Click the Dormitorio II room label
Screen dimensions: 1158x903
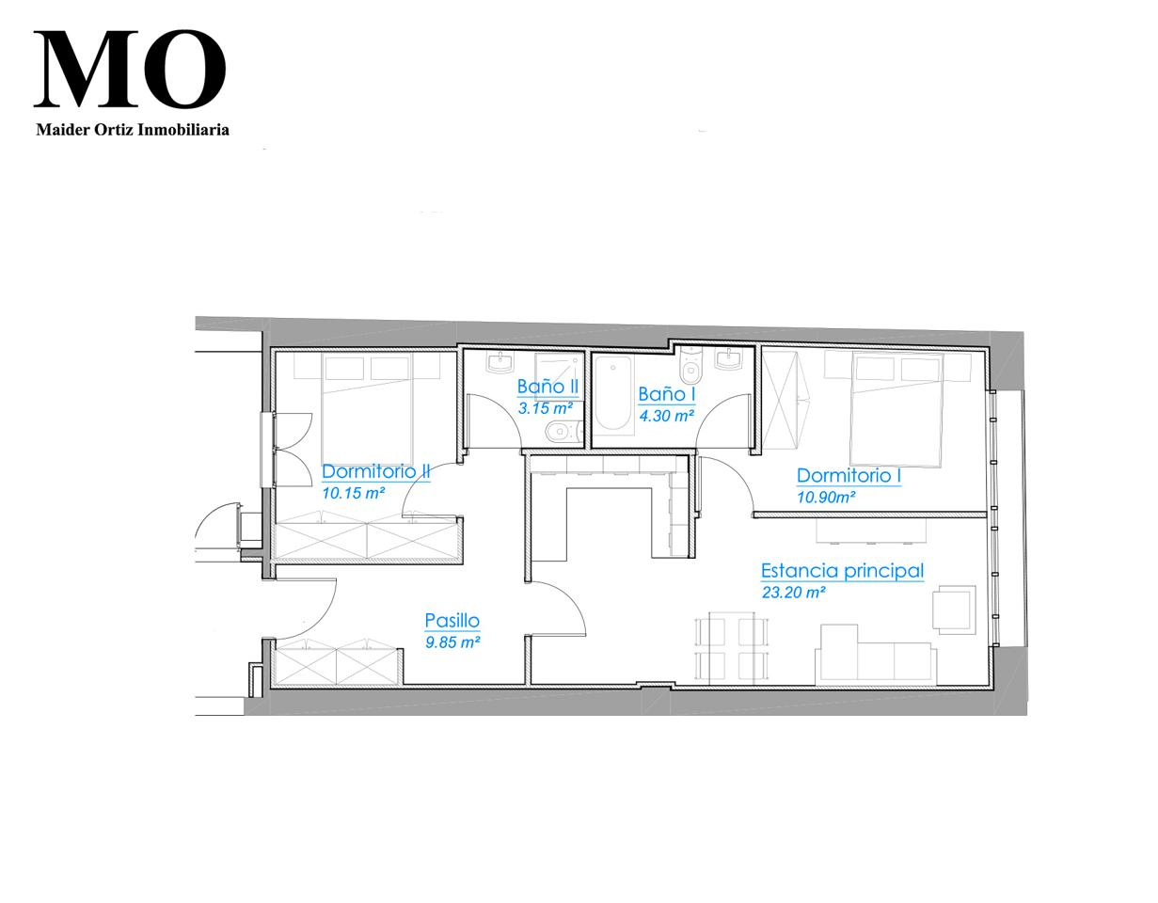click(375, 471)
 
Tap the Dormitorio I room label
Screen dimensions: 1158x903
click(849, 476)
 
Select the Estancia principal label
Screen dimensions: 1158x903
click(842, 571)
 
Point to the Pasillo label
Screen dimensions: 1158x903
click(452, 621)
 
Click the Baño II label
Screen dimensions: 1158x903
click(547, 387)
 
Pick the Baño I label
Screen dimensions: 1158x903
click(667, 394)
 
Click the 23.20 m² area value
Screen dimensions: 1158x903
click(794, 592)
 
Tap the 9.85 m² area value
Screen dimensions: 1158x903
click(452, 642)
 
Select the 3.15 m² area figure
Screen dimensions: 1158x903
click(546, 408)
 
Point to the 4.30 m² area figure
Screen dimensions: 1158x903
click(666, 416)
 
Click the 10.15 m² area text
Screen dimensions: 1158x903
click(353, 493)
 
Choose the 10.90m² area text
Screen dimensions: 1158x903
click(826, 497)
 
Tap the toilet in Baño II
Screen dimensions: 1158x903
click(563, 431)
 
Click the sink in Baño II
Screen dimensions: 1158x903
click(500, 363)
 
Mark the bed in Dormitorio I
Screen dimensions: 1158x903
click(896, 409)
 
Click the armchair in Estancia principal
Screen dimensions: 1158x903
click(954, 610)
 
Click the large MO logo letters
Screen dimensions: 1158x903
click(130, 69)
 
